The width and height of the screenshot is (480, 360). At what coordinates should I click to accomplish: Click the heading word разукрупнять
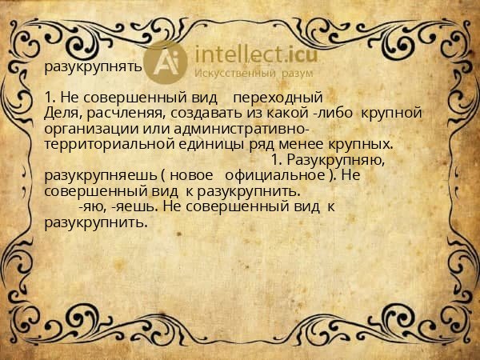pyautogui.click(x=94, y=67)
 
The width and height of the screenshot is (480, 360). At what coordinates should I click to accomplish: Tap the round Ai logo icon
pyautogui.click(x=168, y=62)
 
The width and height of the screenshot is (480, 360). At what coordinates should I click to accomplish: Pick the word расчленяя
pyautogui.click(x=121, y=113)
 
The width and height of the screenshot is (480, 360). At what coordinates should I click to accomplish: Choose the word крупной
pyautogui.click(x=391, y=113)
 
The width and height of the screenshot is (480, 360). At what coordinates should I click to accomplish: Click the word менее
pyautogui.click(x=301, y=144)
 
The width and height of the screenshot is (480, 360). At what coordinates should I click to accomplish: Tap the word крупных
pyautogui.click(x=359, y=144)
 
